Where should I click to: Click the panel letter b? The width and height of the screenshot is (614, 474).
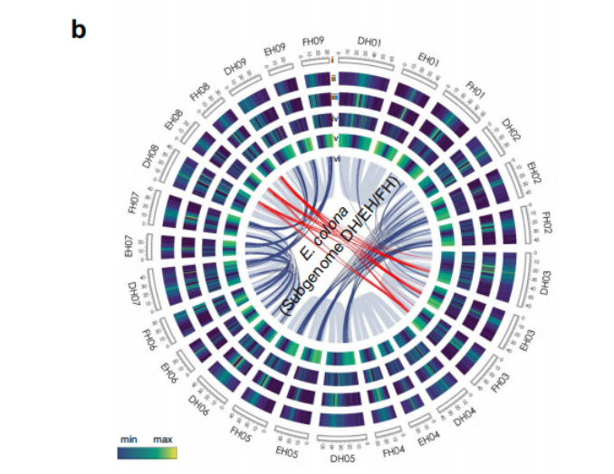[79, 29]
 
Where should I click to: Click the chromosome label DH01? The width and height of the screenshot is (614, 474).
[369, 42]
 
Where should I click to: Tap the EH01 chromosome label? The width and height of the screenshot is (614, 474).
[428, 61]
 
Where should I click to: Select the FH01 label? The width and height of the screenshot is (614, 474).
[475, 90]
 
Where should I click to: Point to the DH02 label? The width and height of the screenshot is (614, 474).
[510, 131]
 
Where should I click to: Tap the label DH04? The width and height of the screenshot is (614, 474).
[464, 418]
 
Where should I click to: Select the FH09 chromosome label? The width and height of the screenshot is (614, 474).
[313, 42]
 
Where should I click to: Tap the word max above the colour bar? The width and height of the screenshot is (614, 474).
[163, 439]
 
